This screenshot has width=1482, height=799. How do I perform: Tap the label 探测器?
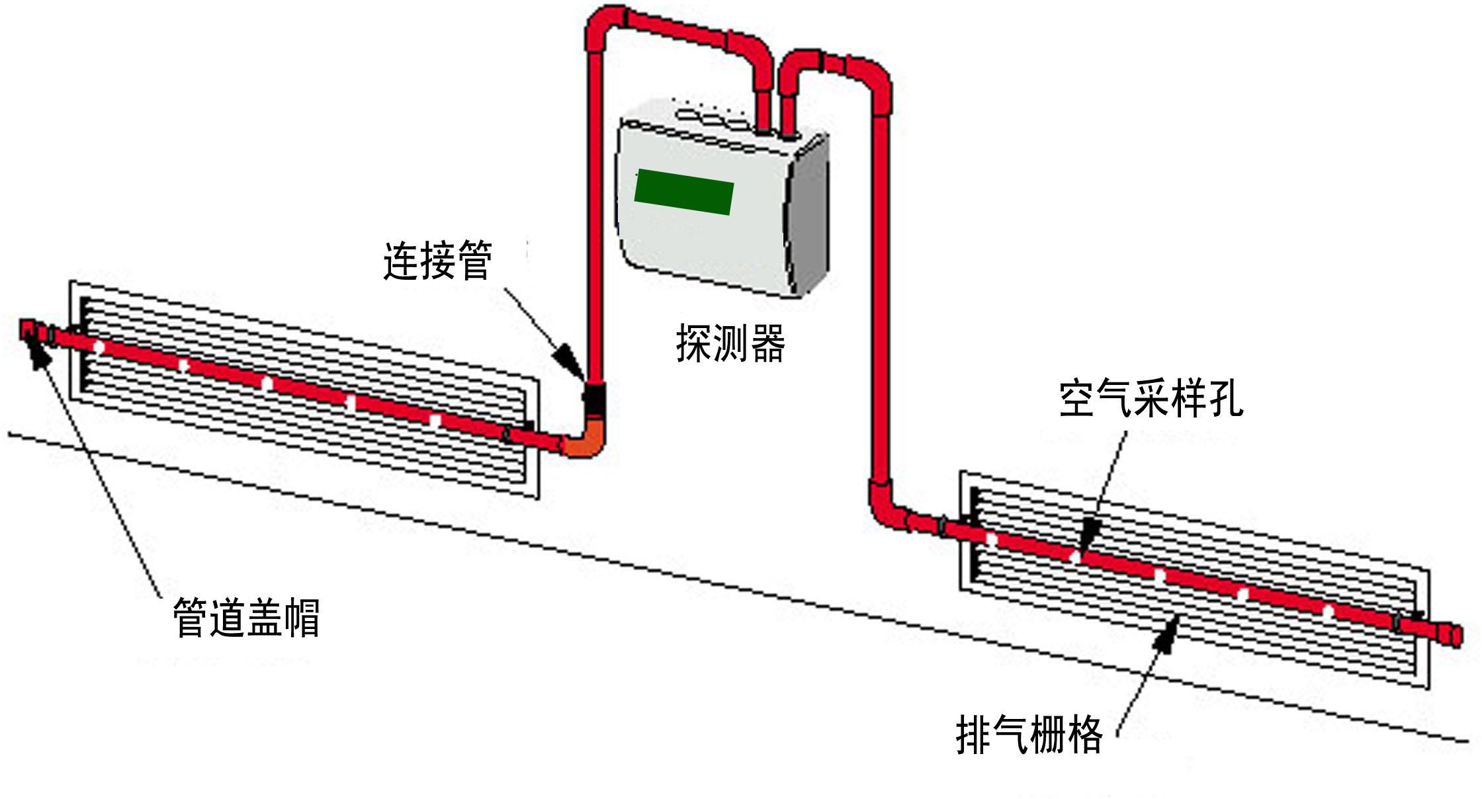click(730, 343)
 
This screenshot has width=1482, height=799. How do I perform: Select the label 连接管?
click(437, 261)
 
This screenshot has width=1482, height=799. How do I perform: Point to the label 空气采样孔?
click(1151, 399)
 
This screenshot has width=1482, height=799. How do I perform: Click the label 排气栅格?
click(1029, 734)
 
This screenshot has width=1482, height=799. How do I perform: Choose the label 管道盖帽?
click(246, 618)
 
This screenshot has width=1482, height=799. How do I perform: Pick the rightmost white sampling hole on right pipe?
click(1328, 610)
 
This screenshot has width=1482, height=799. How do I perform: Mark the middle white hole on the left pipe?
click(267, 383)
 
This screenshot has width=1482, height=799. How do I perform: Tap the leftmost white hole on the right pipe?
click(991, 539)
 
